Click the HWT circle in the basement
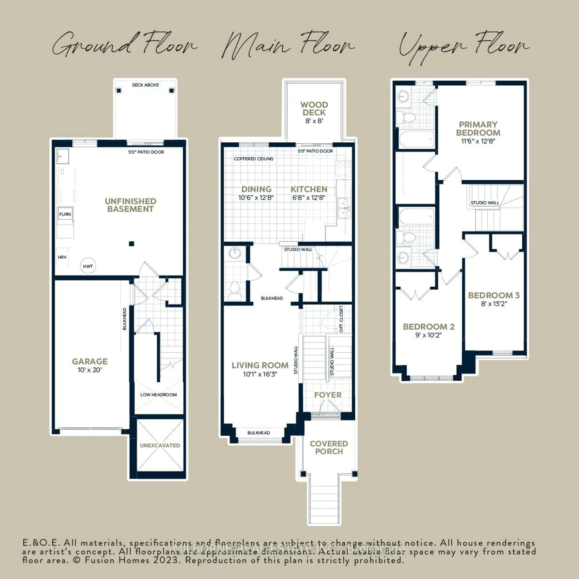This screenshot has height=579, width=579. [88, 266]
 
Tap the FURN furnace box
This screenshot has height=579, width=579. [65, 214]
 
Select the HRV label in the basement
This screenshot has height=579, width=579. [62, 257]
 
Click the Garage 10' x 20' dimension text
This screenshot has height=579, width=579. [90, 370]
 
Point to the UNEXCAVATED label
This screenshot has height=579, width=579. [160, 445]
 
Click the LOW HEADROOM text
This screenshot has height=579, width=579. [158, 395]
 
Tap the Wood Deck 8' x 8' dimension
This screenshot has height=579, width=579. [314, 121]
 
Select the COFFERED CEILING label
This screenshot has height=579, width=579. [253, 158]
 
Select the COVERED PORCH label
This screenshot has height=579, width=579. [329, 447]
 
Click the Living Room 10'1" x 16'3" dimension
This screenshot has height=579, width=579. [260, 374]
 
